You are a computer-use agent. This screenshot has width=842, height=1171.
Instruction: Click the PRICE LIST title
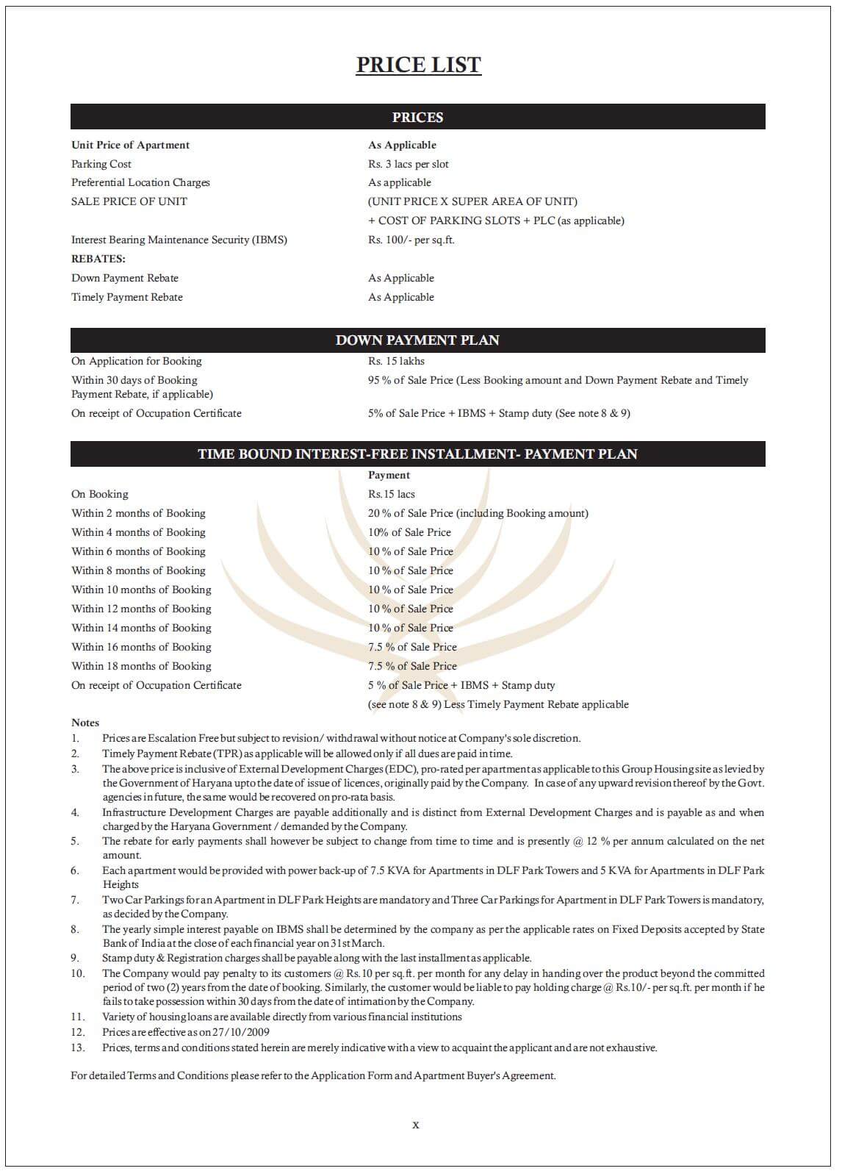click(x=418, y=65)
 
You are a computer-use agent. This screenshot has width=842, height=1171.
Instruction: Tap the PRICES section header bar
click(x=417, y=117)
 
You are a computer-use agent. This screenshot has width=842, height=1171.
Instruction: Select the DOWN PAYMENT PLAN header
click(x=417, y=340)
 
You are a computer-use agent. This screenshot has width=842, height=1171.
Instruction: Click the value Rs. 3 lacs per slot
click(x=408, y=164)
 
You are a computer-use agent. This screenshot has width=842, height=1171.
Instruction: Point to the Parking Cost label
click(x=101, y=164)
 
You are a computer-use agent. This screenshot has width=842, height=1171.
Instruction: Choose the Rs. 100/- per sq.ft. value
click(x=411, y=240)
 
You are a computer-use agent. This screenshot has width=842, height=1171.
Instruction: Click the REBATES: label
click(x=98, y=259)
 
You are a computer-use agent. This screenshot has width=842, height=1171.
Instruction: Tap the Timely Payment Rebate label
click(x=127, y=297)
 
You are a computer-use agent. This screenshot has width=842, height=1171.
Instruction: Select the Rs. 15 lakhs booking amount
click(x=396, y=361)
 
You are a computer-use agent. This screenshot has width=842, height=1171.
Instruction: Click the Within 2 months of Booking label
click(x=138, y=513)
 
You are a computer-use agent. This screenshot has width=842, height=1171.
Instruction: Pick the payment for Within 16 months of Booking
click(x=412, y=647)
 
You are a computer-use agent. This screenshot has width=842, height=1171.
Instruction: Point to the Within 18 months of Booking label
click(x=141, y=666)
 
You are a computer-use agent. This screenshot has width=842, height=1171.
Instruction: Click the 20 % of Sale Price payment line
click(x=478, y=513)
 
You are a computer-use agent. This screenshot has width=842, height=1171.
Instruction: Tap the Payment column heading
click(x=389, y=475)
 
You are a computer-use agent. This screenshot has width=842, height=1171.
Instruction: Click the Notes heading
click(x=85, y=723)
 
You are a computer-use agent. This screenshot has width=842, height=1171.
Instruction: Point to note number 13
click(x=78, y=1048)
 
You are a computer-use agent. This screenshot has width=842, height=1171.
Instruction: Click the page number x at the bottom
click(x=416, y=1125)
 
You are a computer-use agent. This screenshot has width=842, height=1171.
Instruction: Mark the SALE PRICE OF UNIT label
click(x=129, y=201)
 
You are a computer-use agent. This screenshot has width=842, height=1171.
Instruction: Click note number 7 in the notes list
click(x=75, y=900)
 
